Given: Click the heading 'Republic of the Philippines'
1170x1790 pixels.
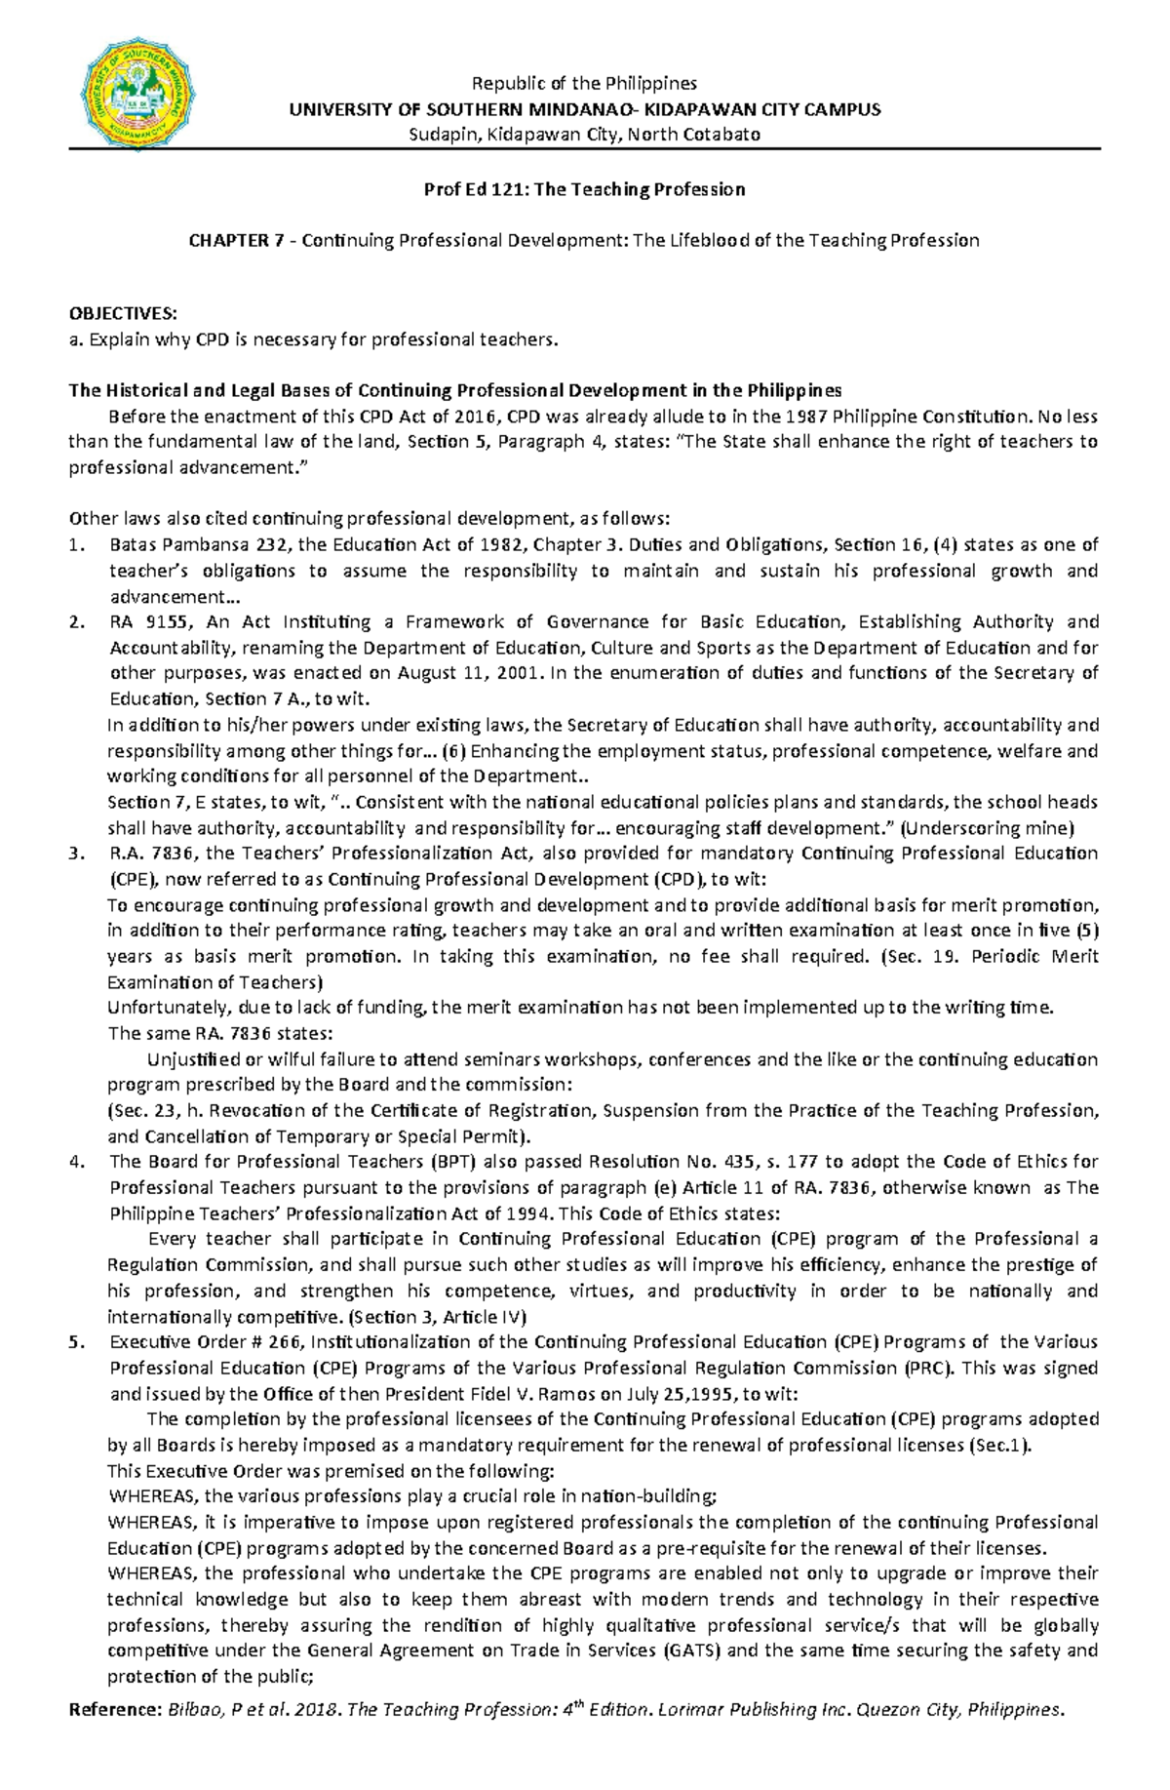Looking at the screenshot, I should point(584,83).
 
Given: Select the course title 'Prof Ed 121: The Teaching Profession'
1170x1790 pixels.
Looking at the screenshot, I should point(584,189).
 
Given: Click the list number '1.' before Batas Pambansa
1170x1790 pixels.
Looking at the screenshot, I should point(77,544).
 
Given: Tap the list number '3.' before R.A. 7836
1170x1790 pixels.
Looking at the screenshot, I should point(77,854).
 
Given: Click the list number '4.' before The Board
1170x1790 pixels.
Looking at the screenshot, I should point(77,1161).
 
